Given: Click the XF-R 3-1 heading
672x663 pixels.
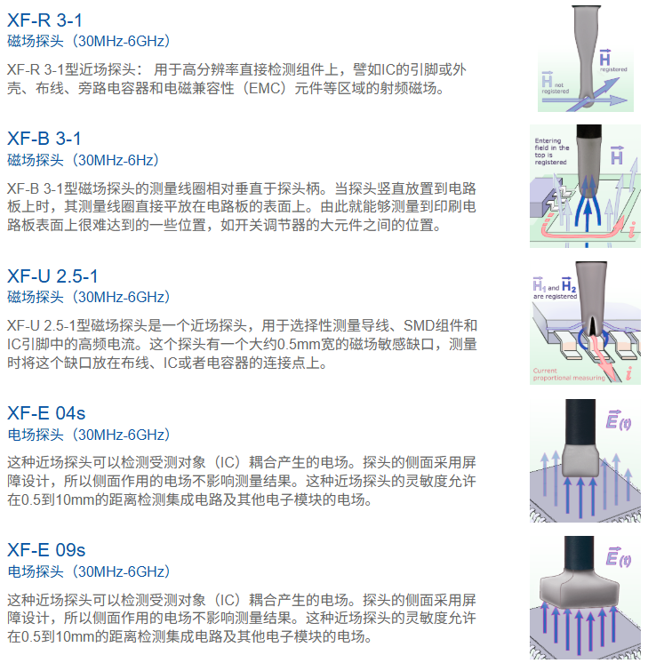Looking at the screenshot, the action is (44, 20).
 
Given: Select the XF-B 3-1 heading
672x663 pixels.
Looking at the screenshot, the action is (44, 139).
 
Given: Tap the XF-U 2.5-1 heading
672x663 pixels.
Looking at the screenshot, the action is (52, 276).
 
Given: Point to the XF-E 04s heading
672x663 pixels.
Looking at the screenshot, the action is (46, 413).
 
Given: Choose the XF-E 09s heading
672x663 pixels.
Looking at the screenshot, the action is (46, 550).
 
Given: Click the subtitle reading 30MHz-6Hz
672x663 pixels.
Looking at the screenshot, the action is (116, 160).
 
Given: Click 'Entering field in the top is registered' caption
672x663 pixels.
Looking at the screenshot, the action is (552, 151).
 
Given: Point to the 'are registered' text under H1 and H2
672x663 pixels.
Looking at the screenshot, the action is (555, 296).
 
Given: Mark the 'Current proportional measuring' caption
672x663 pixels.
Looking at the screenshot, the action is (569, 374).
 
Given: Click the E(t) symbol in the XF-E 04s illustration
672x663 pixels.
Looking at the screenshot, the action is (619, 420).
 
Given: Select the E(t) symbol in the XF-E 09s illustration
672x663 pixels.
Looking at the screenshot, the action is (619, 557).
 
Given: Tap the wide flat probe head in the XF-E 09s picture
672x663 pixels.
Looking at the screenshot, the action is (580, 588).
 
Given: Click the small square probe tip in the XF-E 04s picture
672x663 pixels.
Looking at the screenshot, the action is (580, 459).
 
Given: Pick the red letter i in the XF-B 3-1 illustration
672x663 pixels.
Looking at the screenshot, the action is (632, 229).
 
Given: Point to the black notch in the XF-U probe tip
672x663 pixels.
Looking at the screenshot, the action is (592, 326).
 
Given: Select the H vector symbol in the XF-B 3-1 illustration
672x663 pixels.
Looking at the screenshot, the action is (617, 156).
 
